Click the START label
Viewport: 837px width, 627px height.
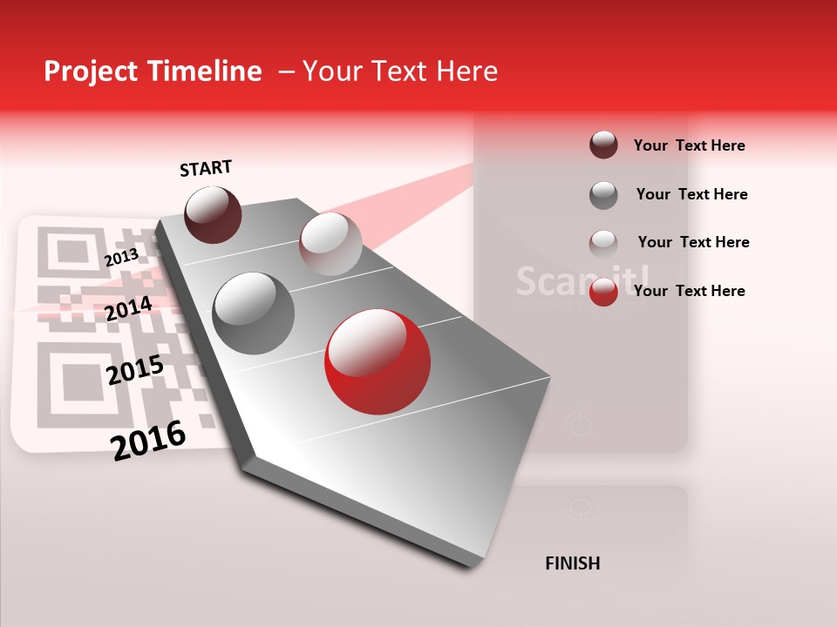point(206,168)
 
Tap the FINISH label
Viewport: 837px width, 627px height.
point(573,563)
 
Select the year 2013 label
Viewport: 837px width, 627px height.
point(121,257)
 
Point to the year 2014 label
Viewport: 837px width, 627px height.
point(128,308)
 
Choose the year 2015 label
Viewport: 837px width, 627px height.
point(134,370)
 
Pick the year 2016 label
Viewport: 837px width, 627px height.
point(148,440)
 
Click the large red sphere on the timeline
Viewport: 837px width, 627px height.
point(377,361)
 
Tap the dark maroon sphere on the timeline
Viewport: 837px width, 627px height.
point(214,214)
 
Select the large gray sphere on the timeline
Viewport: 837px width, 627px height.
point(254,313)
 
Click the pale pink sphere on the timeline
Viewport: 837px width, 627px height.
point(330,243)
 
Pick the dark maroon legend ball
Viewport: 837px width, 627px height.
point(603,145)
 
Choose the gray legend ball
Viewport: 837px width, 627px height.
point(603,195)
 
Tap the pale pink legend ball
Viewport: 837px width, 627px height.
point(603,243)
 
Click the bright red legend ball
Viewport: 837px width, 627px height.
point(603,292)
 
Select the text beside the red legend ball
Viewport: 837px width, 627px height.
point(689,291)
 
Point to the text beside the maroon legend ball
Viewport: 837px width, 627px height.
point(689,145)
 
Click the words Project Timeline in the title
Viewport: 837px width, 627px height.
point(153,71)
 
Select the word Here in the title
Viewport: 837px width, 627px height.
point(466,71)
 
